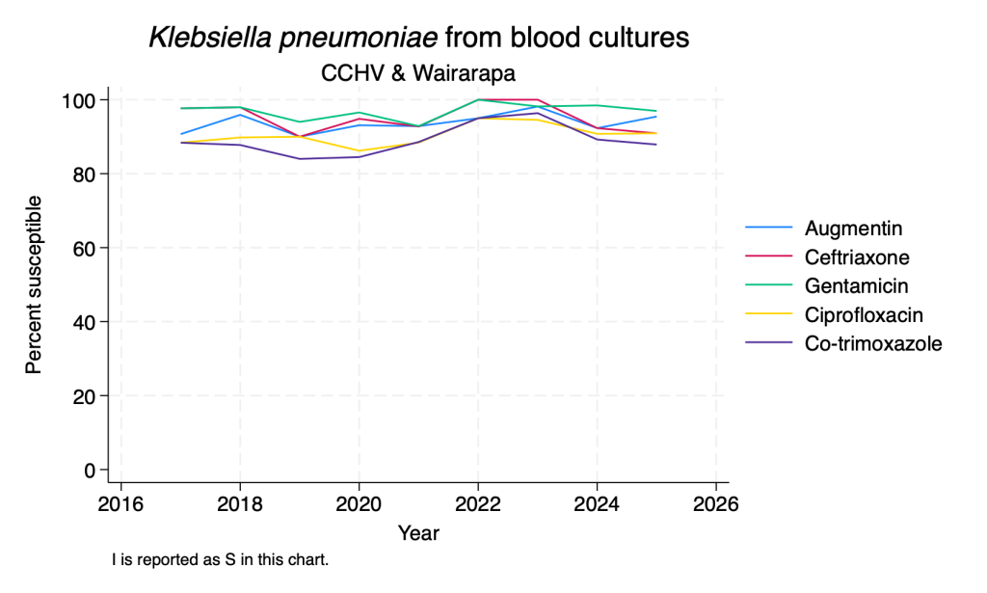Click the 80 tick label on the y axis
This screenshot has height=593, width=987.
pos(83,175)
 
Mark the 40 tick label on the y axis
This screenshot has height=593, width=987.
pos(83,322)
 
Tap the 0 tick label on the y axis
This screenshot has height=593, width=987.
pos(89,471)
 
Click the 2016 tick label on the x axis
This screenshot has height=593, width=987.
pos(120,504)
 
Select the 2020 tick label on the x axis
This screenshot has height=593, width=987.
pos(359,504)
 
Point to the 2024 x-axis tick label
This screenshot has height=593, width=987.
pos(597,504)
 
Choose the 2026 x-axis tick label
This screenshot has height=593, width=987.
pos(716,504)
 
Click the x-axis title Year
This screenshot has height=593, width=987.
pos(418,533)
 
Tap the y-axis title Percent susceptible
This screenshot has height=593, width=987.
pos(34,284)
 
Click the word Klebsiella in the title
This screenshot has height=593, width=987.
pos(210,38)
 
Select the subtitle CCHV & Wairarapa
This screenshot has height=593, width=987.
pos(418,73)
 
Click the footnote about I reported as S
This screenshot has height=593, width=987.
pos(221,559)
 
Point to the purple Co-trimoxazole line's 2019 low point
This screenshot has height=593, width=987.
pos(300,159)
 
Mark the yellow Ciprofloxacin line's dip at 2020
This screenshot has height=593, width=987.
pos(359,151)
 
